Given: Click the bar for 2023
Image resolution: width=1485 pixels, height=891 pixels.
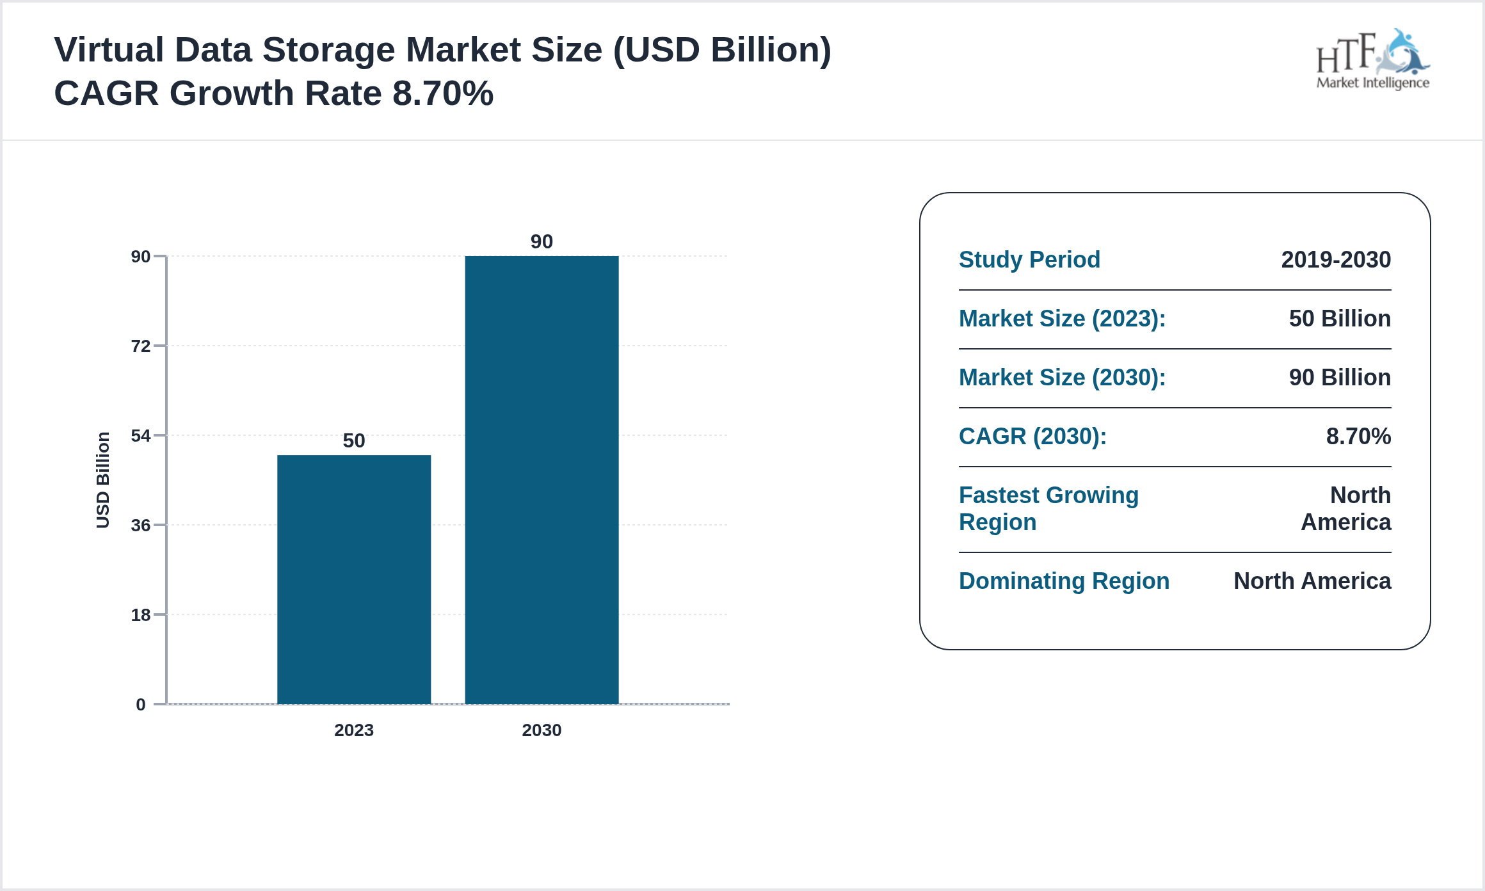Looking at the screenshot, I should click(x=354, y=579).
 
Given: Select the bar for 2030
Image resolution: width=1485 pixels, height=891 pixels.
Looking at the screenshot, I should click(x=542, y=480).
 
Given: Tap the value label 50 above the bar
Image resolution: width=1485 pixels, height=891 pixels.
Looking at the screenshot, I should click(x=354, y=440).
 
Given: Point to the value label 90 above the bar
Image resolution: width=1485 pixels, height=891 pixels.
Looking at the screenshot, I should click(x=542, y=241).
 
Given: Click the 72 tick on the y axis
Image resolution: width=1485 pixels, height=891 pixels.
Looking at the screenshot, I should click(x=141, y=346).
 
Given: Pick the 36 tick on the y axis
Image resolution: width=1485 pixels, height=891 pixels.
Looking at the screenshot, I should click(x=141, y=526).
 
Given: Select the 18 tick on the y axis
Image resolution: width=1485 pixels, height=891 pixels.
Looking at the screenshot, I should click(x=141, y=615).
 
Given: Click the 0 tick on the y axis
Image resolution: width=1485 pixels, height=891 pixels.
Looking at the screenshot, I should click(x=141, y=705).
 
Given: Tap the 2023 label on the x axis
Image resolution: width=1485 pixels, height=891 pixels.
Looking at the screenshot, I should click(x=354, y=730).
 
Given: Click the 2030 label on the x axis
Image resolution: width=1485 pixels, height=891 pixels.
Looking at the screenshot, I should click(x=542, y=730).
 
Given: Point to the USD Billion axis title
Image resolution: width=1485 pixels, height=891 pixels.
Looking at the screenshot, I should click(x=103, y=480).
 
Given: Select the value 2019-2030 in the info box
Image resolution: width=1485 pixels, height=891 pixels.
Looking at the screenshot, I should click(x=1336, y=260).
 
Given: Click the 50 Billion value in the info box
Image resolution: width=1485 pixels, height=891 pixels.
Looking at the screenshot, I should click(x=1340, y=319).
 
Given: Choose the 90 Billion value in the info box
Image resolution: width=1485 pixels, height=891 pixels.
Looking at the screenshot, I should click(x=1340, y=378).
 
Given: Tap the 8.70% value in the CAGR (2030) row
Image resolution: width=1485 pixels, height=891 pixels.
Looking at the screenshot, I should click(x=1358, y=437).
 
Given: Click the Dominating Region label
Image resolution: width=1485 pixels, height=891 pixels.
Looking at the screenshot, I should click(x=1064, y=581).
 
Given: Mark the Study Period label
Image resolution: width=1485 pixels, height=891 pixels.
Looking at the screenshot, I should click(x=1029, y=260).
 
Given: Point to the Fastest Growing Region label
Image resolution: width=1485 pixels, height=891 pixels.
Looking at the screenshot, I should click(x=1048, y=509).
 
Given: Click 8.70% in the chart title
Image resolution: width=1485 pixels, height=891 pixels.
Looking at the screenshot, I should click(x=443, y=93).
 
